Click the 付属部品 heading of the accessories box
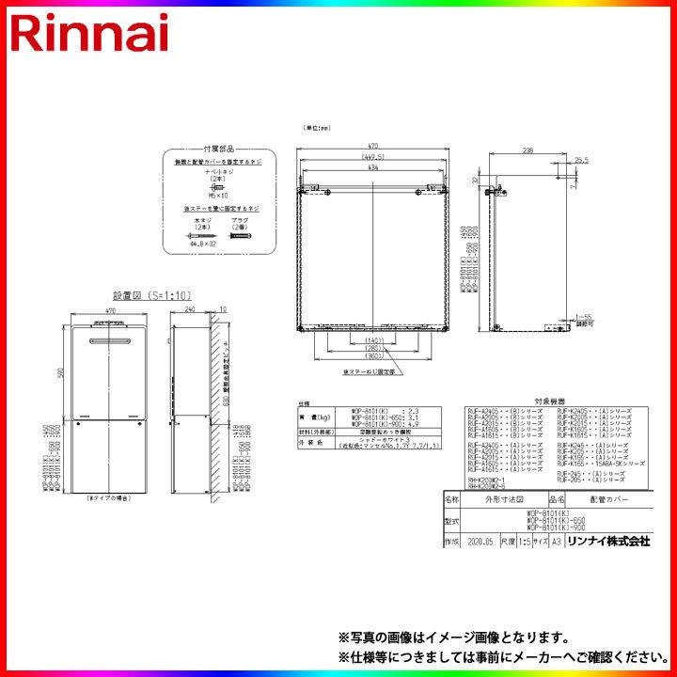click(219, 150)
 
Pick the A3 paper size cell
click(555, 542)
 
